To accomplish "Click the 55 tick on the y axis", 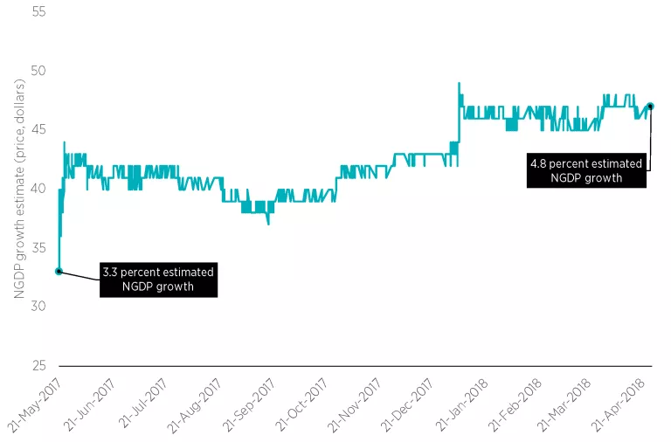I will pyautogui.click(x=38, y=12).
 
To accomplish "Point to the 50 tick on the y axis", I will pyautogui.click(x=38, y=71).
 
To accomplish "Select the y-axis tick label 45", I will pyautogui.click(x=38, y=129).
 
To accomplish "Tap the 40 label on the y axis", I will pyautogui.click(x=38, y=189).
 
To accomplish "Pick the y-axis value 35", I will pyautogui.click(x=38, y=247).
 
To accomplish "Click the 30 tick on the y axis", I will pyautogui.click(x=38, y=306).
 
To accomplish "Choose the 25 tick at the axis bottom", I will pyautogui.click(x=38, y=364).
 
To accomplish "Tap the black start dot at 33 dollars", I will pyautogui.click(x=59, y=272).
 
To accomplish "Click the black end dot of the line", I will pyautogui.click(x=650, y=107).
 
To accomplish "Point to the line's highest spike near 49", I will pyautogui.click(x=459, y=84).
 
